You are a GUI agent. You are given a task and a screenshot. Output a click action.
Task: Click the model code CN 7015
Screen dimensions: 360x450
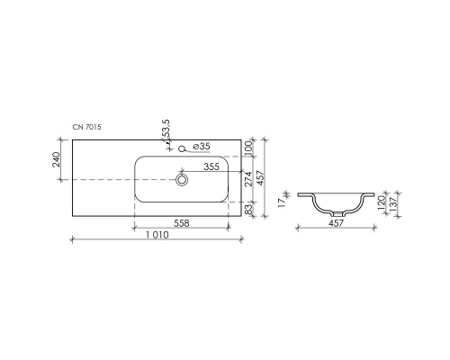pos(87,129)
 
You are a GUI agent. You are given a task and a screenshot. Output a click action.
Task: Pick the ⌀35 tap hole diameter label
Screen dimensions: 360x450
pos(202,147)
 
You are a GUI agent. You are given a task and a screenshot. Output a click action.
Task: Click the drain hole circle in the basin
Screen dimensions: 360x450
pos(183,180)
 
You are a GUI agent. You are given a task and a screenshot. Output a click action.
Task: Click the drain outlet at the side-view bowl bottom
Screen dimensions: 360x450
pos(337,215)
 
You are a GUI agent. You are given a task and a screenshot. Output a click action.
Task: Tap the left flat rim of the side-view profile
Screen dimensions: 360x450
pos(305,193)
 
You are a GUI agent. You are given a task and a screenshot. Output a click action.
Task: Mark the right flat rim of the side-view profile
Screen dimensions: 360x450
pos(369,193)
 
